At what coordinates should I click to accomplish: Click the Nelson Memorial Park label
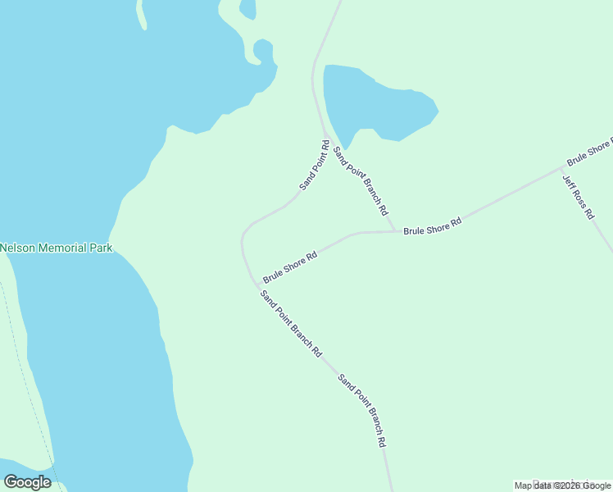tap(56, 248)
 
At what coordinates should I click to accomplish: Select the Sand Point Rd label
tap(315, 166)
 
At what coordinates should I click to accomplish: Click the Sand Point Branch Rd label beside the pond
tap(360, 177)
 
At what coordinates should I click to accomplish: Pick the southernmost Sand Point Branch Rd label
tap(362, 411)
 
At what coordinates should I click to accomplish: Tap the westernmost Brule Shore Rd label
tap(290, 266)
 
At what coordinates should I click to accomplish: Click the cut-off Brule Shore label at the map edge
tap(589, 151)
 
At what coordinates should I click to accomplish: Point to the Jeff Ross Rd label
tap(578, 197)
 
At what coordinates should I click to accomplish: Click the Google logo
tap(28, 482)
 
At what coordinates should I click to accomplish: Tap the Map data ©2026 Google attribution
tap(563, 485)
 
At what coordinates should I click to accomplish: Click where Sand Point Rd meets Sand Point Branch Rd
tap(326, 136)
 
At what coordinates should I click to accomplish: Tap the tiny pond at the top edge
tap(247, 7)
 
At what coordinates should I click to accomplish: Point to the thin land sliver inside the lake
tap(143, 14)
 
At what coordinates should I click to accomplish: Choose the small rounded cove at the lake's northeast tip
tap(263, 51)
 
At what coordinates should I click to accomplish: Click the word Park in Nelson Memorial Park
tap(102, 248)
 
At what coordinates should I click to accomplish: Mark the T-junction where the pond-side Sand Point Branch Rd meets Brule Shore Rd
tap(395, 231)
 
